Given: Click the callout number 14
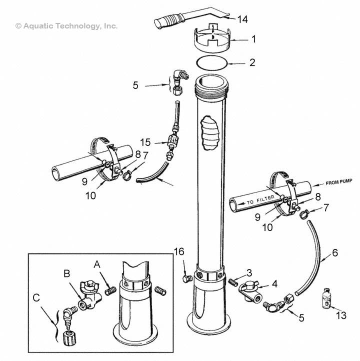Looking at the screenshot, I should (242, 19).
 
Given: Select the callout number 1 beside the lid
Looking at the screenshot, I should (253, 38).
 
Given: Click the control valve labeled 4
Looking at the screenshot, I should (249, 291).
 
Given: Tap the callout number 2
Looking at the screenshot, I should (252, 63).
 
